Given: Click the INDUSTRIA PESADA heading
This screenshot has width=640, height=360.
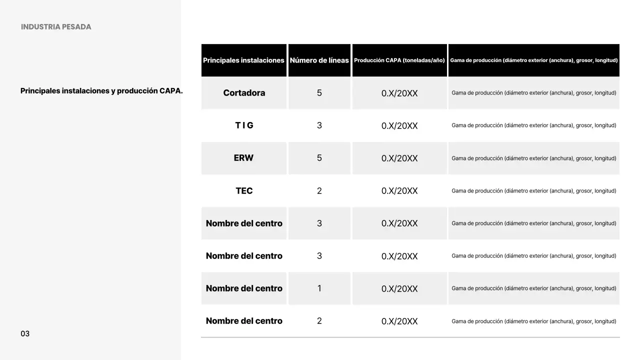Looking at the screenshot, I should [x=56, y=27].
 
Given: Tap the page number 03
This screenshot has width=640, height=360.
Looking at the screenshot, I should [x=25, y=333].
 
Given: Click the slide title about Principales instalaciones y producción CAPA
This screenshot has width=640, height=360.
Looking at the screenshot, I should [x=101, y=91].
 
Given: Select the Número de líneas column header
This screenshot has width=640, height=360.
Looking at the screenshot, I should [x=319, y=60].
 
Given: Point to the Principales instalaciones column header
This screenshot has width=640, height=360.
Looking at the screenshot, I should [x=243, y=60].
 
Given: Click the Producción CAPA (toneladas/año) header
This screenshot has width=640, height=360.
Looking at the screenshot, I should [x=399, y=60].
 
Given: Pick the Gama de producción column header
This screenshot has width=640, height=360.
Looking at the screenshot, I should [x=533, y=60].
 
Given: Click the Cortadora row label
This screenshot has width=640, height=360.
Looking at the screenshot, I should [x=244, y=93].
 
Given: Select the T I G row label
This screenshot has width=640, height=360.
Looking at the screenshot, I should [x=244, y=125].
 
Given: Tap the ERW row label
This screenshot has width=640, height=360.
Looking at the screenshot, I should [x=243, y=158].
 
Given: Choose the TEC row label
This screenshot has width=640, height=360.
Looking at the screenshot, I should [x=244, y=191].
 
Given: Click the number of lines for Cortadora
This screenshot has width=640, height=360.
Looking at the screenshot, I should [x=319, y=93].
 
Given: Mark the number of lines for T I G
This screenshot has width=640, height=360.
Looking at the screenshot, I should [x=319, y=125].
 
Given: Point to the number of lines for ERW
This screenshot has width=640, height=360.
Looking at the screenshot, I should [x=319, y=158].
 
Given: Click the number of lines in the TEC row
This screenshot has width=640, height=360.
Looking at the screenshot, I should [x=319, y=191].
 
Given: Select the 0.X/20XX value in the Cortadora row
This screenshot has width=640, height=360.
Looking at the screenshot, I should [x=399, y=93].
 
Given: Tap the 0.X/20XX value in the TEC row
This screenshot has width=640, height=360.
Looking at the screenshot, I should [x=399, y=191].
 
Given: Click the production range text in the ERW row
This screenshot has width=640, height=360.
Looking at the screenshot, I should [x=533, y=158].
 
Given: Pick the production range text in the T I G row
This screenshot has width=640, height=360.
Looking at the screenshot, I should [x=533, y=125].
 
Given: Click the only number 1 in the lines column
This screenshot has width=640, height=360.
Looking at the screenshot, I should [x=319, y=288].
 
